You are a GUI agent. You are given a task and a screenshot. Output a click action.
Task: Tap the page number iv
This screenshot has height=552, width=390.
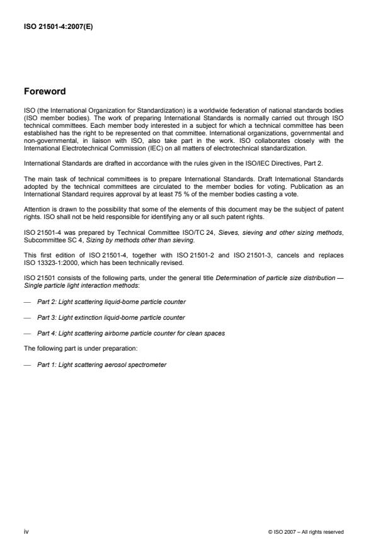click(x=26, y=532)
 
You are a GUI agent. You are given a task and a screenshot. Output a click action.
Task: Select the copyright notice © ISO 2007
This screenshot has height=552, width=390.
click(x=305, y=532)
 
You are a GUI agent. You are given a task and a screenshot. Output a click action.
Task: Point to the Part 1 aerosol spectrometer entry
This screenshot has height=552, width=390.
click(x=101, y=364)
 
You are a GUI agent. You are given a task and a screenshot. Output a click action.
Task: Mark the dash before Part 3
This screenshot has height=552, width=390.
click(x=27, y=317)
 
